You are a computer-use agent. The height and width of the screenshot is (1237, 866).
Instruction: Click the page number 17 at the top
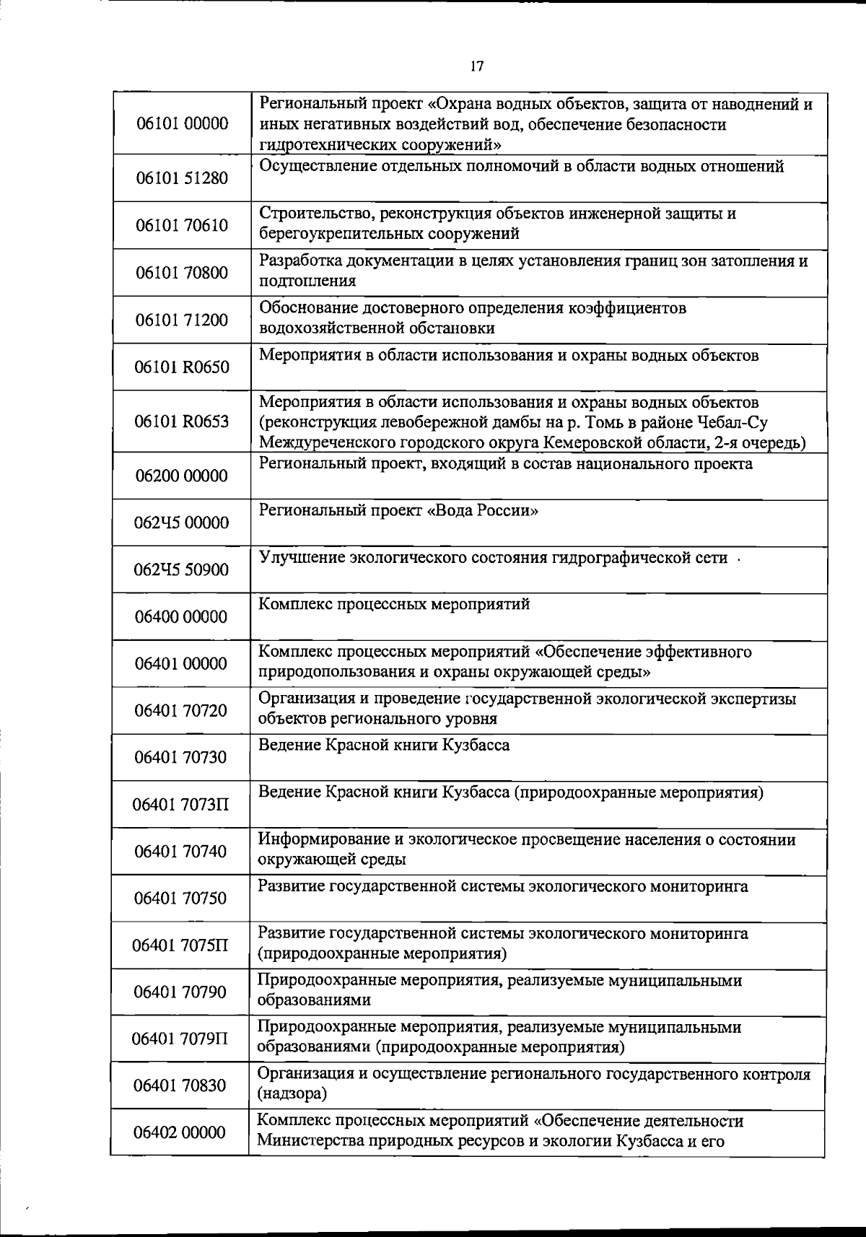tap(476, 66)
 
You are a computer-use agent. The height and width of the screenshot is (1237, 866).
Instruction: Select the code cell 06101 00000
tap(182, 123)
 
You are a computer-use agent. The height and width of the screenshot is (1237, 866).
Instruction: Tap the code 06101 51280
tap(182, 178)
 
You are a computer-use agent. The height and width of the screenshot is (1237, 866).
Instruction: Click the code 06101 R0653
tap(182, 421)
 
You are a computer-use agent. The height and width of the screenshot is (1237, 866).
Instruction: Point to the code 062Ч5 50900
tap(181, 570)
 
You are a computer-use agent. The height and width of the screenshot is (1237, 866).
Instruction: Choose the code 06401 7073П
tap(180, 803)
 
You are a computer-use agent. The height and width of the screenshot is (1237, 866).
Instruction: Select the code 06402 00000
tap(180, 1132)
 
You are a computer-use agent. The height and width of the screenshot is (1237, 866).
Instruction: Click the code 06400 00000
tap(181, 617)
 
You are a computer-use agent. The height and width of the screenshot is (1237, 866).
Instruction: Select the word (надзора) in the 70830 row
tap(292, 1094)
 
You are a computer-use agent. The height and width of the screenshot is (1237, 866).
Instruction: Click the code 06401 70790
tap(180, 992)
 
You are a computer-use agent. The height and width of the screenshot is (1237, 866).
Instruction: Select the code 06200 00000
tap(181, 476)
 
